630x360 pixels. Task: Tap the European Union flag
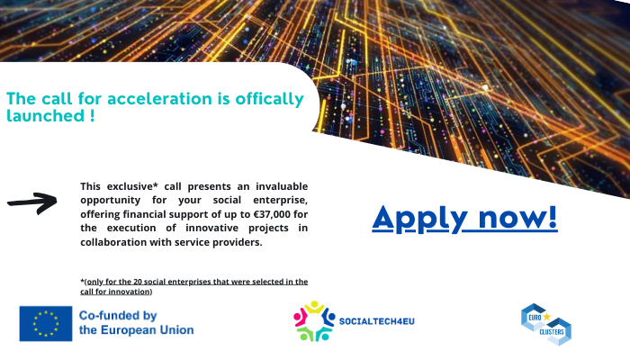45,323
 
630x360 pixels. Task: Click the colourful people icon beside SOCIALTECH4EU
313,321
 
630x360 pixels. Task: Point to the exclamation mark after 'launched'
92,116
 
